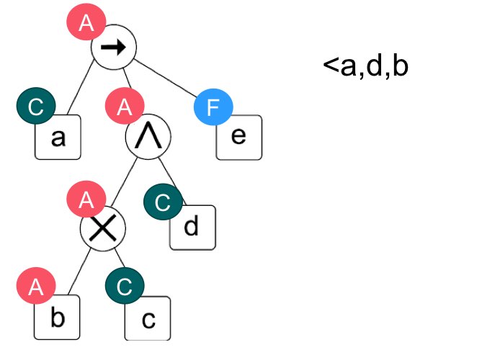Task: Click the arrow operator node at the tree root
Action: (113, 49)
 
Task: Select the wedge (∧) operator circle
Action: (148, 139)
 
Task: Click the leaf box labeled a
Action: (58, 138)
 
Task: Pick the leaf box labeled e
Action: (239, 137)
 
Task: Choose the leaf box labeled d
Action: (192, 228)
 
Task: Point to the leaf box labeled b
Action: (58, 318)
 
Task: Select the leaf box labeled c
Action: (148, 319)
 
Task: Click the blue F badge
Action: (213, 109)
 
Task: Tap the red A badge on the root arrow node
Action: (86, 22)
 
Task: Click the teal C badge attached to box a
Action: (35, 108)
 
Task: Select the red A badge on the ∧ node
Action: (124, 109)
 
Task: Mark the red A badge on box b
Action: (35, 289)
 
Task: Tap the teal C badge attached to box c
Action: (124, 288)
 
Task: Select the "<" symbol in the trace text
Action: (330, 66)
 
